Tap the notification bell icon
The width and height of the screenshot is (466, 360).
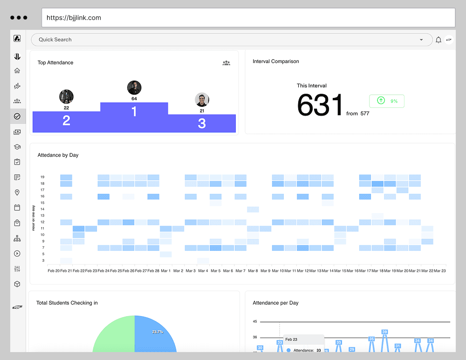point(439,40)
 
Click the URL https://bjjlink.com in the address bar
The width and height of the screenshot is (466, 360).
point(74,18)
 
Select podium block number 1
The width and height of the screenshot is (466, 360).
point(134,112)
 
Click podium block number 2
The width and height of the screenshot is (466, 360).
point(66,121)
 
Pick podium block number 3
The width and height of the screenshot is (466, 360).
point(202,123)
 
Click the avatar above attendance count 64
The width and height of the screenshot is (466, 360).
point(134,88)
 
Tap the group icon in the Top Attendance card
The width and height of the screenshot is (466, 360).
point(226,63)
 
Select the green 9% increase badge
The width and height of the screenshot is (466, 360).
point(386,101)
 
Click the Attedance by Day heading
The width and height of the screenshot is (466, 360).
point(58,155)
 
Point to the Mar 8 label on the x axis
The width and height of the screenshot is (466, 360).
point(253,270)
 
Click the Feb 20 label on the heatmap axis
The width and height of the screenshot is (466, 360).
point(54,270)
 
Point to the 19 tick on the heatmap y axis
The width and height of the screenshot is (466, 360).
point(42,177)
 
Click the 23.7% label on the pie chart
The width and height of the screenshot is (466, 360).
point(158,332)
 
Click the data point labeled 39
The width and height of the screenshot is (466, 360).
point(384,332)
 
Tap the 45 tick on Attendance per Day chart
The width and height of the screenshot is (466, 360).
point(255,322)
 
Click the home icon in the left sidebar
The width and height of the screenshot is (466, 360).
point(17,71)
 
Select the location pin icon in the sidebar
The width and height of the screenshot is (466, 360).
point(17,192)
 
